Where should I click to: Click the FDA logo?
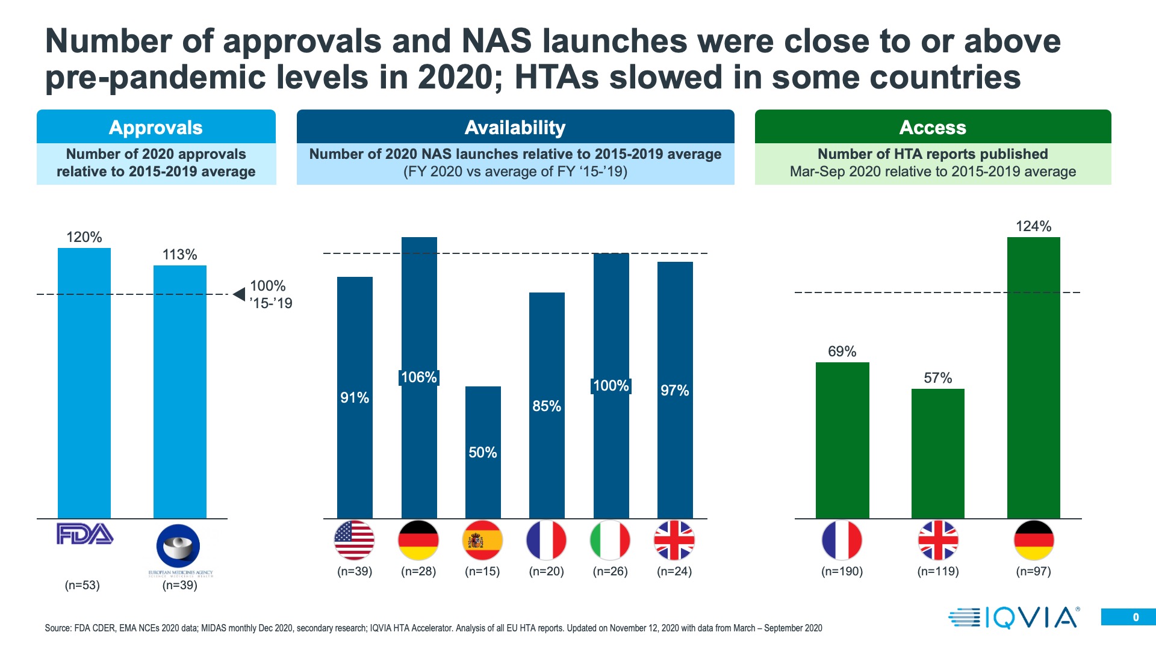pyautogui.click(x=84, y=534)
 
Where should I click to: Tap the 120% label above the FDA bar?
pyautogui.click(x=84, y=237)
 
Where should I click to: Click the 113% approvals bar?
pyautogui.click(x=179, y=391)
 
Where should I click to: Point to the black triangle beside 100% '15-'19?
pyautogui.click(x=239, y=294)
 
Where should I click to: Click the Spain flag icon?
pyautogui.click(x=482, y=540)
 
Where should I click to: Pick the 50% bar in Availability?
pyautogui.click(x=483, y=451)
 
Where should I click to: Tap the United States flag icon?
pyautogui.click(x=355, y=540)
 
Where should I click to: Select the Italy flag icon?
pyautogui.click(x=611, y=540)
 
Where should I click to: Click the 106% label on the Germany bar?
pyautogui.click(x=419, y=377)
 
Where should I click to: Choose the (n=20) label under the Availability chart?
pyautogui.click(x=546, y=571)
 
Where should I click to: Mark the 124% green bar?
pyautogui.click(x=1033, y=377)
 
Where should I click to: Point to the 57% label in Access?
pyautogui.click(x=937, y=378)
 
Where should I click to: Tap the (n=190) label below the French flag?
pyautogui.click(x=842, y=571)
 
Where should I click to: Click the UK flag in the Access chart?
pyautogui.click(x=937, y=540)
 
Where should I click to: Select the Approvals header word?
pyautogui.click(x=156, y=128)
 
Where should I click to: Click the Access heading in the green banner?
pyautogui.click(x=933, y=128)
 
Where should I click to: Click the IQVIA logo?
pyautogui.click(x=1014, y=617)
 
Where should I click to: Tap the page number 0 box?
pyautogui.click(x=1128, y=617)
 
